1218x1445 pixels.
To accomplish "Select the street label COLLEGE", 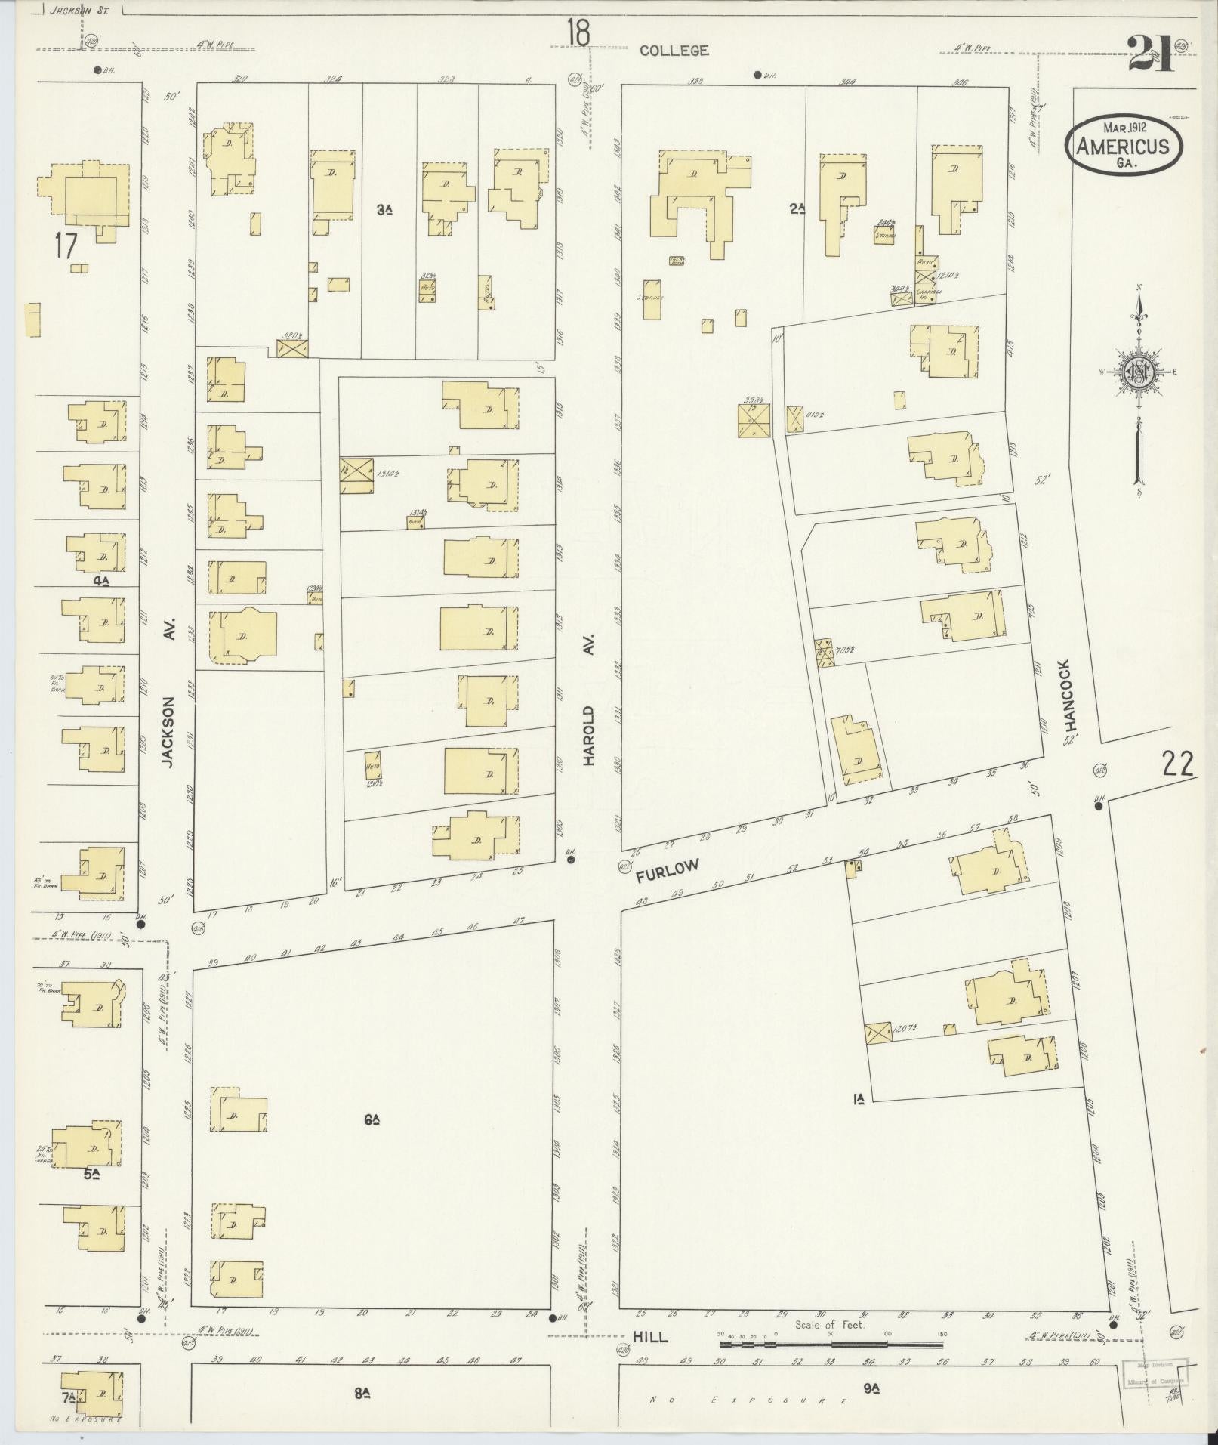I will coord(674,51).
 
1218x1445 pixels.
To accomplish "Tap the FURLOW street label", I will coord(668,870).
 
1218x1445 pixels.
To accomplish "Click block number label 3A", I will coord(384,210).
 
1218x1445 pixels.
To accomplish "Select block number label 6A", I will coord(370,1120).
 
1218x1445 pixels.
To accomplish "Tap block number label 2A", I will coord(797,209).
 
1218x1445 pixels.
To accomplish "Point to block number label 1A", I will coord(859,1099).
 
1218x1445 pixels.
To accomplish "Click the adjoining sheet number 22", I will coord(1177,766).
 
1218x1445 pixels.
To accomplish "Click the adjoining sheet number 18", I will coord(579,32).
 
